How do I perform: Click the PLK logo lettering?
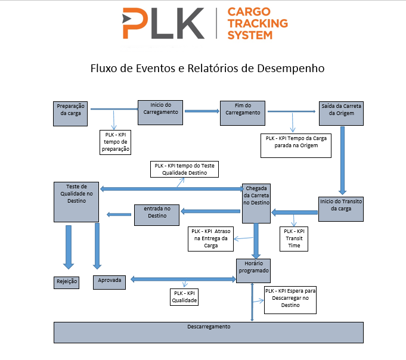pyautogui.click(x=161, y=24)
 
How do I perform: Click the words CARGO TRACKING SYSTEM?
pyautogui.click(x=258, y=24)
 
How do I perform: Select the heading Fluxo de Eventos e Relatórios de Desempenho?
pyautogui.click(x=207, y=68)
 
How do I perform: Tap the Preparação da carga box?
pyautogui.click(x=70, y=113)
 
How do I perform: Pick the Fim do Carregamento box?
pyautogui.click(x=243, y=113)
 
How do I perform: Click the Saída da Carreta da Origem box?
pyautogui.click(x=340, y=113)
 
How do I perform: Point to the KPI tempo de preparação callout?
pyautogui.click(x=116, y=142)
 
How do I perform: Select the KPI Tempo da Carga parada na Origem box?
pyautogui.click(x=296, y=145)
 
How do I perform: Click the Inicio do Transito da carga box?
pyautogui.click(x=340, y=209)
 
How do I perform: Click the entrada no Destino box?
pyautogui.click(x=157, y=215)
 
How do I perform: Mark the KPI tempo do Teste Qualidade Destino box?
pyautogui.click(x=184, y=169)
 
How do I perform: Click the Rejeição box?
pyautogui.click(x=67, y=281)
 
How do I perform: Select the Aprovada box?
pyautogui.click(x=109, y=281)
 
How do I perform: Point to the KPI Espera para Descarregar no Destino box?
pyautogui.click(x=290, y=299)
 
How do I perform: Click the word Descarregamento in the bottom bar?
pyautogui.click(x=209, y=327)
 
